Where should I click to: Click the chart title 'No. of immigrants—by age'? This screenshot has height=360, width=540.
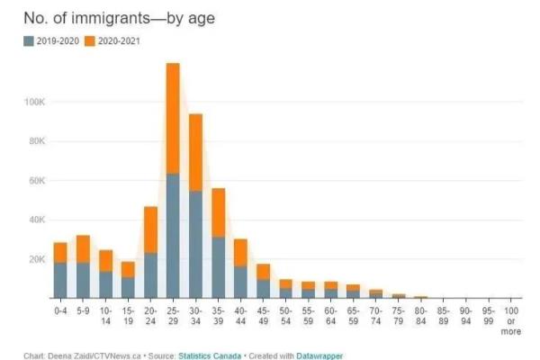click(119, 18)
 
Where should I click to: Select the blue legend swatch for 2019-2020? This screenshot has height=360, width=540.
click(29, 41)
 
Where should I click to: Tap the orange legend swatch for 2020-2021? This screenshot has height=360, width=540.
click(89, 41)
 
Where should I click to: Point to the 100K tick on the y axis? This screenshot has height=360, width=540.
click(34, 102)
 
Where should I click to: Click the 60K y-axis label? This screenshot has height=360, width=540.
click(37, 181)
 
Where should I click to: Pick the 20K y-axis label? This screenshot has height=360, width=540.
click(37, 259)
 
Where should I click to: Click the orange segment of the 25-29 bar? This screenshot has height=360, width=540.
click(173, 119)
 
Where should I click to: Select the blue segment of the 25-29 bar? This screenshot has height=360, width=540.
click(173, 236)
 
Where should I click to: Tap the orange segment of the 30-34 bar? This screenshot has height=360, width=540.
click(195, 153)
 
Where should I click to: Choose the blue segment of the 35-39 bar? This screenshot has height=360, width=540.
click(219, 267)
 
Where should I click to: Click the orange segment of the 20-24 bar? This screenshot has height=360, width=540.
click(150, 230)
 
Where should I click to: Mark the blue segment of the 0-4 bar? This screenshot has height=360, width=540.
click(60, 281)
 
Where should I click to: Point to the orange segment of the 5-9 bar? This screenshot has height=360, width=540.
click(83, 249)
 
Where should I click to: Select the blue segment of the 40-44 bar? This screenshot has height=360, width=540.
click(240, 283)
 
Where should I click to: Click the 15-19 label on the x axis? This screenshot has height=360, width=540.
click(128, 316)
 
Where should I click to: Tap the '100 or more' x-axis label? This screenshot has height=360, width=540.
click(511, 321)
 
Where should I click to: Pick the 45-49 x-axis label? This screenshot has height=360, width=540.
click(263, 316)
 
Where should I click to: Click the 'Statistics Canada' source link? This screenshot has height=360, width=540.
click(210, 355)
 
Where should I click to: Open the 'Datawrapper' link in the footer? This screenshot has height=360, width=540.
click(319, 355)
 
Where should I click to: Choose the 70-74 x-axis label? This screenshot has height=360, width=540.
click(375, 316)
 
